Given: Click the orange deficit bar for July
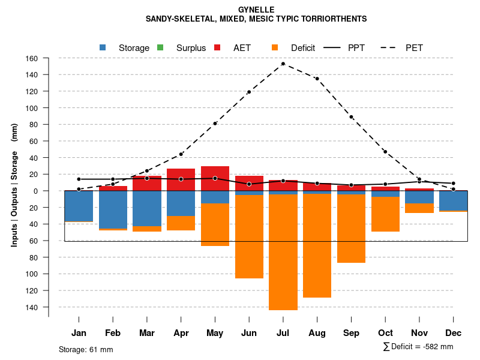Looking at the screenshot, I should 283,252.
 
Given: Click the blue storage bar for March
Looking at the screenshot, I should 147,208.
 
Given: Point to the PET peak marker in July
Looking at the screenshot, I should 283,64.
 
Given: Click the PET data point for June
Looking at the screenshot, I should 249,92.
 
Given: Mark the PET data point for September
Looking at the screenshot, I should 351,117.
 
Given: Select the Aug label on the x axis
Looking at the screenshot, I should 317,333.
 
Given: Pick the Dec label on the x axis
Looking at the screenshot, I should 454,333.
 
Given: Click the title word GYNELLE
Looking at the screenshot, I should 256,10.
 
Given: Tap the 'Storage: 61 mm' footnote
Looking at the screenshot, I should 86,349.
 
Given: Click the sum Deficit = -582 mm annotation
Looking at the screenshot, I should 418,347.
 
